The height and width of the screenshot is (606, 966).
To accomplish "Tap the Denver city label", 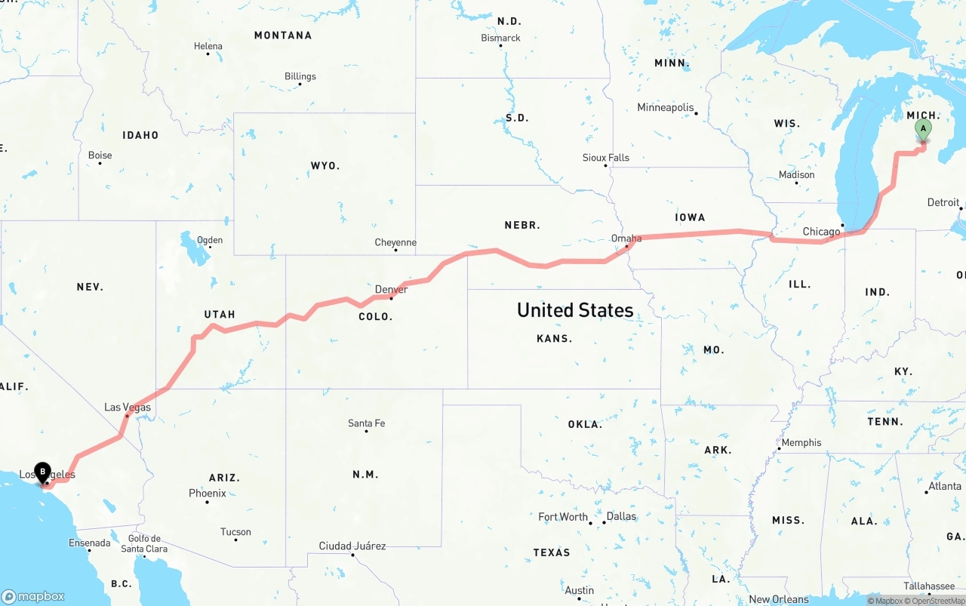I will point(391,289).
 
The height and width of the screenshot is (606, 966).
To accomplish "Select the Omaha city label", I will point(626,238).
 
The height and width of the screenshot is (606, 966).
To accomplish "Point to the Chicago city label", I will point(821,232).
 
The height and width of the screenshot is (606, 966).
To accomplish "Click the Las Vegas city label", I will point(128,407).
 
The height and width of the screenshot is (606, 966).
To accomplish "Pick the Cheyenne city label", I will point(395,242).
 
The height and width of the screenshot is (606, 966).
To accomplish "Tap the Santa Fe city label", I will point(366,423).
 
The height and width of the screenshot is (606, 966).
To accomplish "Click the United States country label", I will point(575,309).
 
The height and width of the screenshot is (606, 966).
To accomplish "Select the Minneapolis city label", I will point(665,107).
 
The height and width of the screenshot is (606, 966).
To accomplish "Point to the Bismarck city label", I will point(500,38).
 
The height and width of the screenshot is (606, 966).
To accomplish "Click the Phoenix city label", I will point(208,493).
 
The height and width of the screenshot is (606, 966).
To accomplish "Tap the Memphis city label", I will point(801,442).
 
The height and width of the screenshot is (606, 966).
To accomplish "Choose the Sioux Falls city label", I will point(605,158).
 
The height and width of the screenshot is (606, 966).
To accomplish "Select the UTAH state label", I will point(220,314).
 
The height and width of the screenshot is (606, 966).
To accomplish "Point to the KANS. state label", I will point(554,338).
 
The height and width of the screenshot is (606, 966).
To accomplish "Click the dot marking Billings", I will point(300,84).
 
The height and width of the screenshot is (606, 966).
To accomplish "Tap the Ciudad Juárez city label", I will point(352,546).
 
